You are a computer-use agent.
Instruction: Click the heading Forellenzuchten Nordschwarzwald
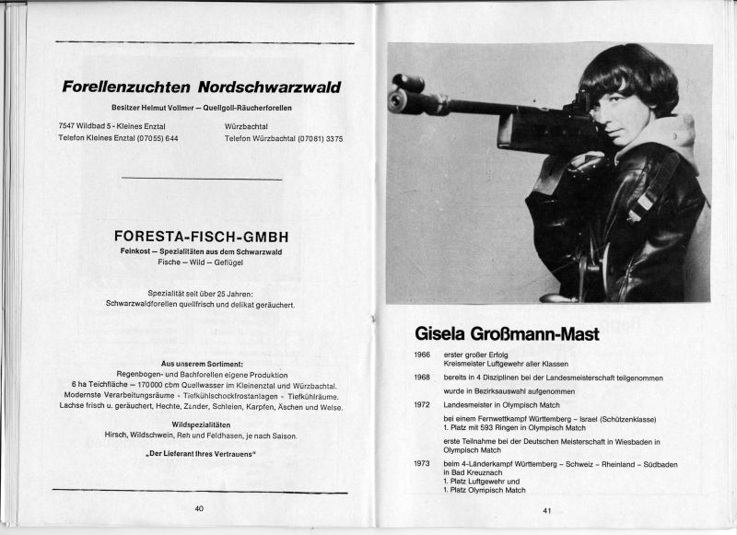coord(201,88)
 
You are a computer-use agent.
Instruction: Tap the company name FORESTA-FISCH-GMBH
coord(197,236)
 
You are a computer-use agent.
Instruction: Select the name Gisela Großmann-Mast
coord(507,333)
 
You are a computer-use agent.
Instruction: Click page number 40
coord(199,507)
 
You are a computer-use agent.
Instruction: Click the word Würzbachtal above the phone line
coord(248,124)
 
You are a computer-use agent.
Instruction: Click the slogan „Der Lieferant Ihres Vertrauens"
coord(200,455)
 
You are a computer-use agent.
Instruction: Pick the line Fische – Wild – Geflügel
coord(199,262)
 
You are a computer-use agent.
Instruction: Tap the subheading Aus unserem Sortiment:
coord(201,364)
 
